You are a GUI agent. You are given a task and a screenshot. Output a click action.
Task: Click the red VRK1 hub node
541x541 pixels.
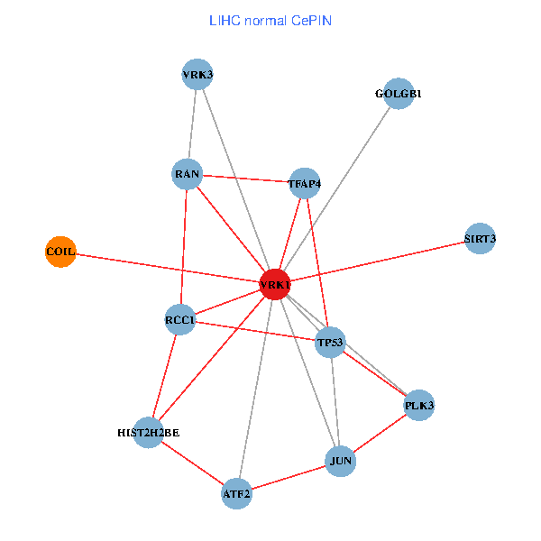click(x=274, y=284)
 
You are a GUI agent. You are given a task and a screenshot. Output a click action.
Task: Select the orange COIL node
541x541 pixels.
click(x=60, y=251)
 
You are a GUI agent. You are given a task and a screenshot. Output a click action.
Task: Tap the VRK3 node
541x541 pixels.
click(x=197, y=74)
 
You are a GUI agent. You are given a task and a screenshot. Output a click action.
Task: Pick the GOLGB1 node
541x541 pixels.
click(x=398, y=94)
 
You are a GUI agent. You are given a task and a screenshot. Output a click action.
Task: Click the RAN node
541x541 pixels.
click(x=187, y=174)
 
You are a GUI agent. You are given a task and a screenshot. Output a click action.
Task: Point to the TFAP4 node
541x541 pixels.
click(x=305, y=183)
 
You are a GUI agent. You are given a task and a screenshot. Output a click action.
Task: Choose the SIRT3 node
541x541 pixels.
click(x=480, y=239)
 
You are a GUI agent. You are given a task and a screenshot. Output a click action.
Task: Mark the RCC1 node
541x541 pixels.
click(x=180, y=320)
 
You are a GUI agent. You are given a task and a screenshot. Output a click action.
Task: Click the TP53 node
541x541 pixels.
click(x=330, y=343)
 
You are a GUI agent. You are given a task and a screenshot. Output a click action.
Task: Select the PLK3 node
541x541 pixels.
click(x=419, y=405)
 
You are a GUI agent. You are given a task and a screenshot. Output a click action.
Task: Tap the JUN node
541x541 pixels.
click(x=341, y=462)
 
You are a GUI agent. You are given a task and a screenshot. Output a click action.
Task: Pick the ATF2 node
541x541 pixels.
click(x=236, y=493)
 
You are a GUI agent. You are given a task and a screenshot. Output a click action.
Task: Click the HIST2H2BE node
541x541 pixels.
click(x=149, y=433)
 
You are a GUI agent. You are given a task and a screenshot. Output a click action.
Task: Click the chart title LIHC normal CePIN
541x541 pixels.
click(x=270, y=20)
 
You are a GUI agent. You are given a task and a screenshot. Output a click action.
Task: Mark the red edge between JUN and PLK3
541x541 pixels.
click(x=380, y=434)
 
